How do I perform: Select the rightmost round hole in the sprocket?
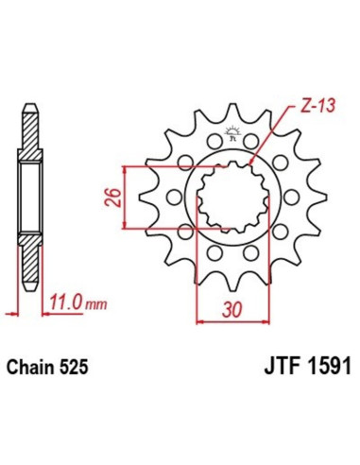292,197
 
